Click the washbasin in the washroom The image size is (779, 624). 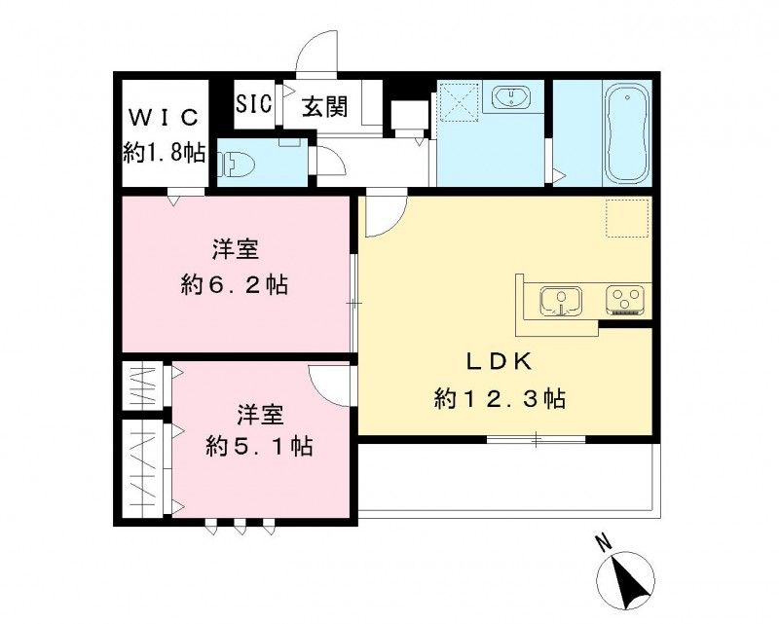coord(509,97)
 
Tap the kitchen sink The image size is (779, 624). coord(560,299)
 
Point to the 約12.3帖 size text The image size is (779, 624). coord(501,398)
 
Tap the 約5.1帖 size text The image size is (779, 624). coord(258,447)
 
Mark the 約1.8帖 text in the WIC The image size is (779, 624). coord(164,152)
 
